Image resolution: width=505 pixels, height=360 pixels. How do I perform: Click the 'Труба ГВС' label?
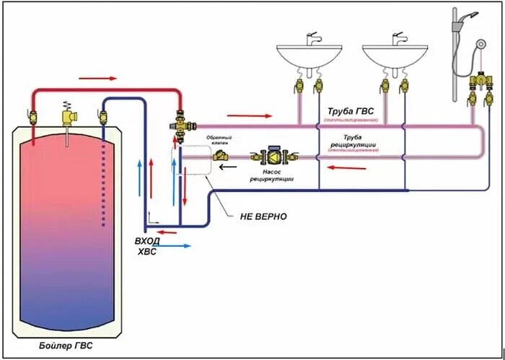[351, 112]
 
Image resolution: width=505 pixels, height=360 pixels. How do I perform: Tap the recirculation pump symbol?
[273, 155]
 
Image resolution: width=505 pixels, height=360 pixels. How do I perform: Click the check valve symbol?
[220, 154]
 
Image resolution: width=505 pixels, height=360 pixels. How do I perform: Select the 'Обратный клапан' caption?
[219, 137]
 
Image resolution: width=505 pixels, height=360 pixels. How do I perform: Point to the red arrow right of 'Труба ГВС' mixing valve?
[250, 115]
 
